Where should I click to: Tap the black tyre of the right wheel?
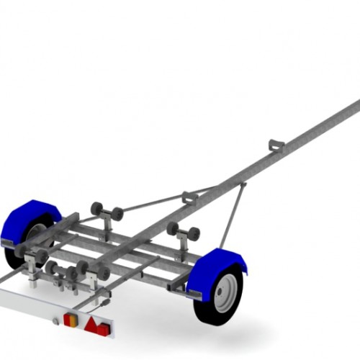click(206, 310)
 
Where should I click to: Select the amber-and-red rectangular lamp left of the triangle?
click(71, 319)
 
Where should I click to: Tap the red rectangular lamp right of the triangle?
click(104, 329)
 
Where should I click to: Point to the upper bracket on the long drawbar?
click(276, 145)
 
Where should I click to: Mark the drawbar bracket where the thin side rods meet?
click(190, 197)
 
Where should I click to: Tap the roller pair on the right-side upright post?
click(183, 232)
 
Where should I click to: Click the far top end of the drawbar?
click(355, 106)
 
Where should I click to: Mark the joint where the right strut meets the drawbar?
click(243, 186)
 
